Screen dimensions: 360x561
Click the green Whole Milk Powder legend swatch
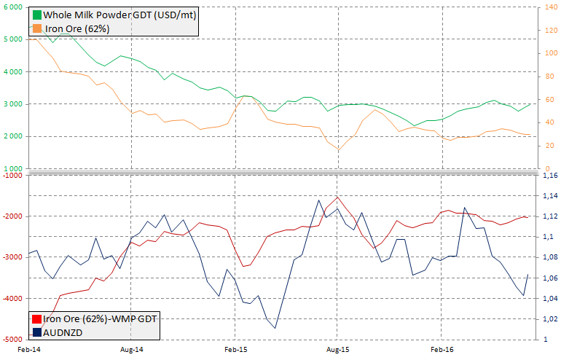coord(36,15)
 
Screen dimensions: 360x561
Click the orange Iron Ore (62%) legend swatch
coord(36,28)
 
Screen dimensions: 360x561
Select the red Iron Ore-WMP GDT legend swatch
coord(36,318)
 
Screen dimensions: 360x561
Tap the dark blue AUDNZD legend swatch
coord(36,332)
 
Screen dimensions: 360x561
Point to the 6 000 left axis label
coord(12,7)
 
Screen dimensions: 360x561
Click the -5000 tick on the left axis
coord(12,340)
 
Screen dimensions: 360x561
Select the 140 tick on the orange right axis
coord(552,7)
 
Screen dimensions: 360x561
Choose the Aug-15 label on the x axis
coord(337,351)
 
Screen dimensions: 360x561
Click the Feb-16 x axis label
coord(442,351)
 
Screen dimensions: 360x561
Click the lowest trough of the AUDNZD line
coord(275,328)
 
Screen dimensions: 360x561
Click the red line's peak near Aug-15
coord(337,197)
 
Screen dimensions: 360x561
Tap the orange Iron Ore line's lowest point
coord(338,151)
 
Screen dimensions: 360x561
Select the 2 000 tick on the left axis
coord(12,136)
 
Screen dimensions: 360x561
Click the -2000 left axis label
coord(12,216)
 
